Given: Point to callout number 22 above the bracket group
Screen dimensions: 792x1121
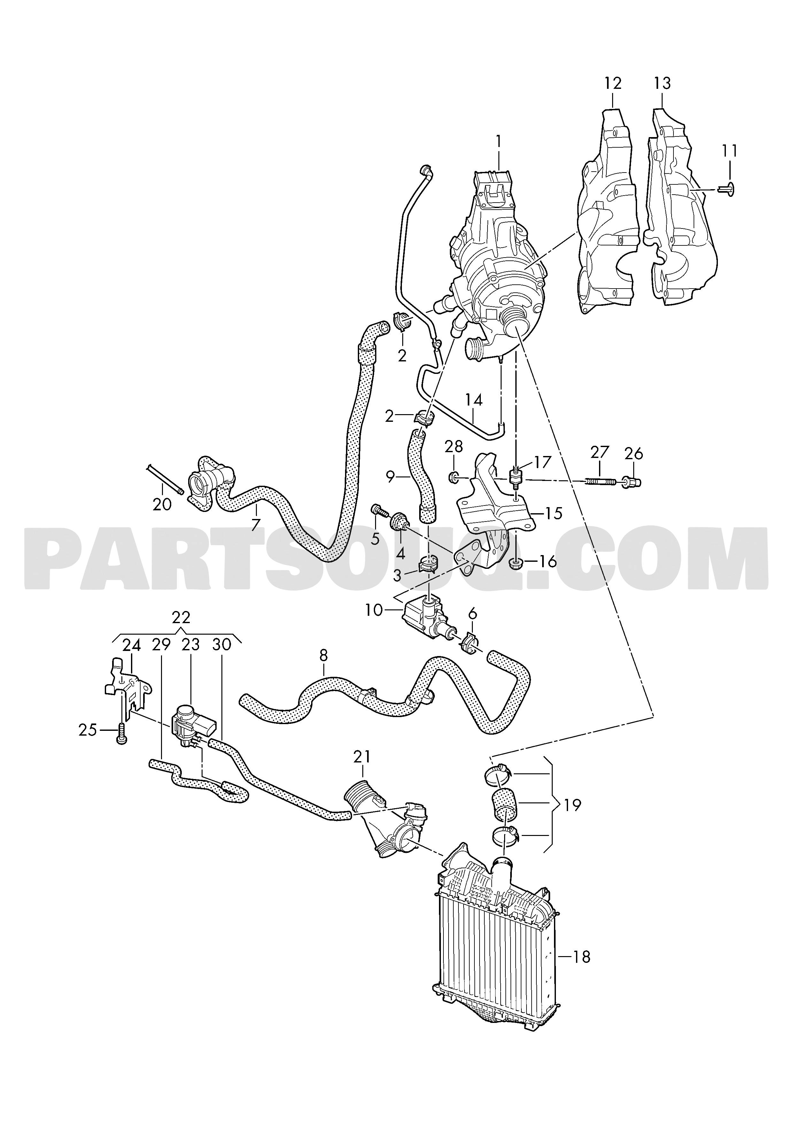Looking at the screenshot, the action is click(x=181, y=618).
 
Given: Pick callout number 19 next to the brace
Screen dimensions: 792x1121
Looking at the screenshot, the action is click(x=573, y=805).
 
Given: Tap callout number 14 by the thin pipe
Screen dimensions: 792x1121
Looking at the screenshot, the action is click(x=473, y=400).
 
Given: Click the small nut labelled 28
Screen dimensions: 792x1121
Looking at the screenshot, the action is click(x=453, y=476).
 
